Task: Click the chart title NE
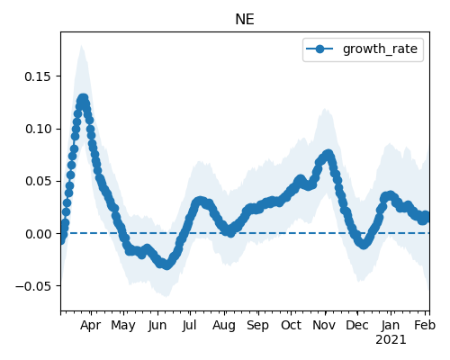[x=245, y=20]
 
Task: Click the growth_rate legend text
[x=380, y=49]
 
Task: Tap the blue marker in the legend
[x=319, y=49]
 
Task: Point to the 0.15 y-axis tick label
[x=38, y=76]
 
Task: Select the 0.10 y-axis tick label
[x=38, y=129]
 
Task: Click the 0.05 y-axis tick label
[x=38, y=182]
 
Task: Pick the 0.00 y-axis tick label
[x=38, y=234]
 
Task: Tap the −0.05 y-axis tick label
[x=33, y=286]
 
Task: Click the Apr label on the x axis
[x=90, y=326]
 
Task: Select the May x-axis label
[x=123, y=326]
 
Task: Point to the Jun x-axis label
[x=157, y=326]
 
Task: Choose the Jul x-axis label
[x=189, y=326]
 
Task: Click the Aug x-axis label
[x=224, y=326]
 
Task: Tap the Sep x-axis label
[x=257, y=326]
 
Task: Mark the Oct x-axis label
[x=291, y=326]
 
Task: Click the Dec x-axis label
[x=357, y=326]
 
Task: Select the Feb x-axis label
[x=425, y=326]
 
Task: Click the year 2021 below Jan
[x=391, y=340]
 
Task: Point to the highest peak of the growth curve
[x=83, y=98]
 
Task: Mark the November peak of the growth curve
[x=328, y=154]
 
